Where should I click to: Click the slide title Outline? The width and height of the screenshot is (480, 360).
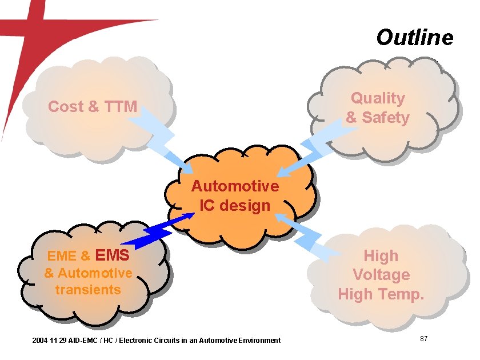coord(414,38)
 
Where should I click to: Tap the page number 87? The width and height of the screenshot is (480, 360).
coord(424,339)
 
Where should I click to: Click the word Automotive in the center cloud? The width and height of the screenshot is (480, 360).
coord(235,186)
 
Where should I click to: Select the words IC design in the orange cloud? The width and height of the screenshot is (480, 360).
coord(235,205)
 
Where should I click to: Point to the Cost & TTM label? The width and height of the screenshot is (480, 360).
coord(93,106)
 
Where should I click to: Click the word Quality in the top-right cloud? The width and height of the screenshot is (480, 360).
coord(378,98)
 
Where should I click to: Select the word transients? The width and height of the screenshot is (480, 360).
coord(88,289)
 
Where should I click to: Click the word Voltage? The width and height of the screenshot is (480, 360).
coord(381,275)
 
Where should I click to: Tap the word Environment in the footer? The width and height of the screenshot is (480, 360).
coord(258,341)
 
